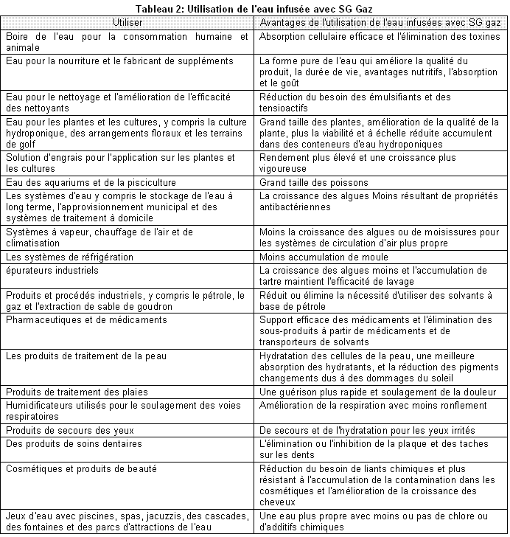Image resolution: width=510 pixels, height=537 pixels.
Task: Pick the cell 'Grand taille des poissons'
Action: [x=315, y=182]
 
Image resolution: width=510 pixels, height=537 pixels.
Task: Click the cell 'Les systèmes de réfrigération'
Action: [x=70, y=257]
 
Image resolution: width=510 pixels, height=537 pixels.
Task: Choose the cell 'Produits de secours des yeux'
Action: [x=63, y=429]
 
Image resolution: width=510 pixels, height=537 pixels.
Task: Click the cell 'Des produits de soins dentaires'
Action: [x=69, y=442]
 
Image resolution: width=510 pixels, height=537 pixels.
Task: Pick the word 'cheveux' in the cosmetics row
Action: [x=277, y=502]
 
